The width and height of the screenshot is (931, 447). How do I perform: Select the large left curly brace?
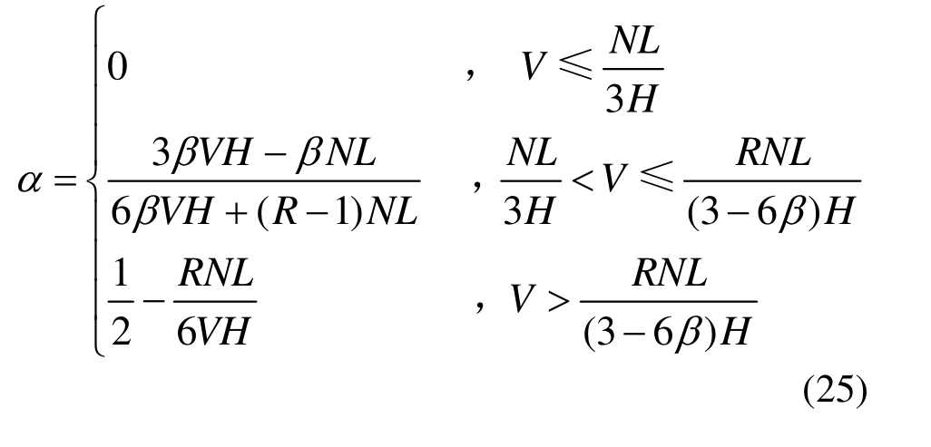[x=95, y=181]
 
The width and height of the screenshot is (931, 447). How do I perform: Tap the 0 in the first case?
[x=118, y=66]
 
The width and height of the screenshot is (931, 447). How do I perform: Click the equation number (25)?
[x=835, y=391]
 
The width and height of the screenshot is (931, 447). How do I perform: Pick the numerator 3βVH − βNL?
[x=264, y=152]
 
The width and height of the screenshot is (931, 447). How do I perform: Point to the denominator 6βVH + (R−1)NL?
[x=264, y=210]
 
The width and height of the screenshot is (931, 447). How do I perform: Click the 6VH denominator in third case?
[x=212, y=329]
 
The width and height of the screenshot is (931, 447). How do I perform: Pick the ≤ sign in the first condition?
[x=575, y=66]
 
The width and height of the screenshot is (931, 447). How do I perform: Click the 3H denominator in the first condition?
[x=632, y=99]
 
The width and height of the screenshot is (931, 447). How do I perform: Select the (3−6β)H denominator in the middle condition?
[x=771, y=210]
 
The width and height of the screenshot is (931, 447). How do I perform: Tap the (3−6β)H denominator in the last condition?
[x=667, y=332]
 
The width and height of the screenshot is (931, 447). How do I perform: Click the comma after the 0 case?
[x=471, y=73]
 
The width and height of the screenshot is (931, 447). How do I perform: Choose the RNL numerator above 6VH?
[x=216, y=273]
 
